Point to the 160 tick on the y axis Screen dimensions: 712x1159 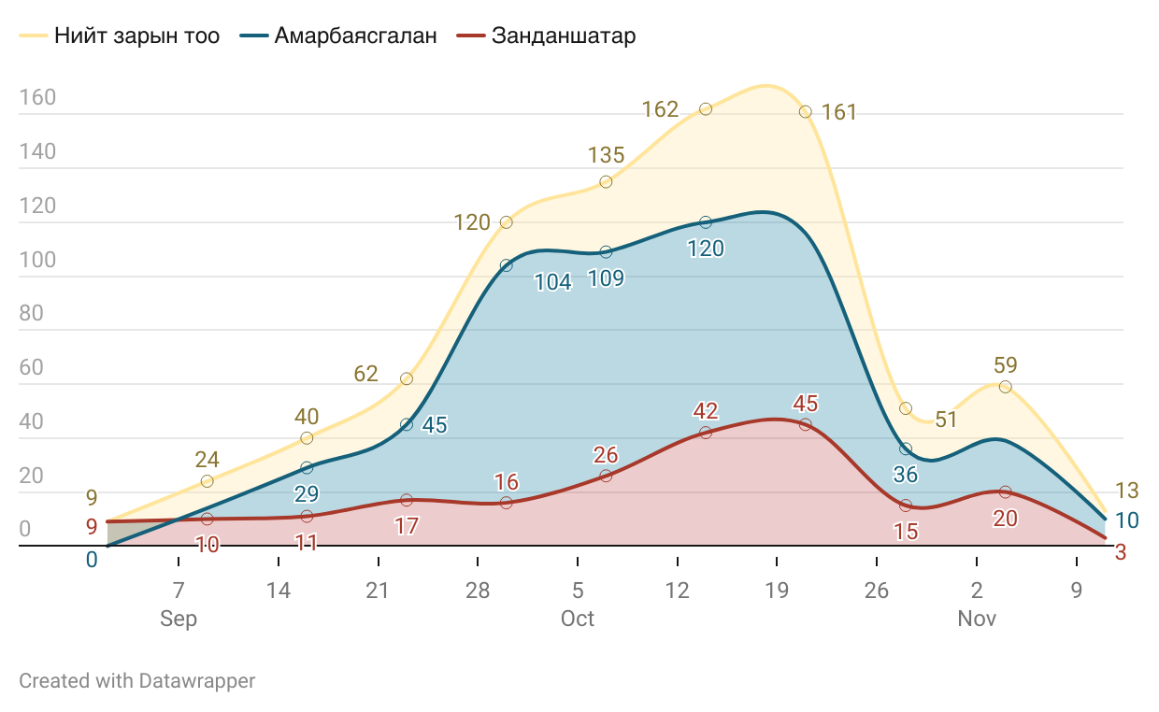(x=37, y=98)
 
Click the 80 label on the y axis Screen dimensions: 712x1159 (x=31, y=313)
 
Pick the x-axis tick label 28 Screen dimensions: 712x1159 (x=478, y=591)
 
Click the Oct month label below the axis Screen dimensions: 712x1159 (x=578, y=619)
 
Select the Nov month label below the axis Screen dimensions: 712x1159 (x=977, y=619)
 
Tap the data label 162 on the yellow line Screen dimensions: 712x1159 (x=660, y=109)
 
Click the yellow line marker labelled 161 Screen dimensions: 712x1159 (x=805, y=112)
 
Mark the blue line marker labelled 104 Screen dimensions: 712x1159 (x=506, y=265)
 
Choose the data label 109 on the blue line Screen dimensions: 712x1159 (x=606, y=278)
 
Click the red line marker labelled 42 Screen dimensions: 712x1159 (x=706, y=433)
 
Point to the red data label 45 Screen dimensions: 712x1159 (x=806, y=404)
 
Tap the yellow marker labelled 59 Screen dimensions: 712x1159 (x=1005, y=387)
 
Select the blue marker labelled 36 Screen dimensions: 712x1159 (x=906, y=449)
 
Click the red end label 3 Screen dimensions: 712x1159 (x=1121, y=552)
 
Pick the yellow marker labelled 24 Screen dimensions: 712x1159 (x=207, y=481)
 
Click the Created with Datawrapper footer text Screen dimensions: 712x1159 (x=136, y=680)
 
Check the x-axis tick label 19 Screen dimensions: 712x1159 (x=777, y=591)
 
